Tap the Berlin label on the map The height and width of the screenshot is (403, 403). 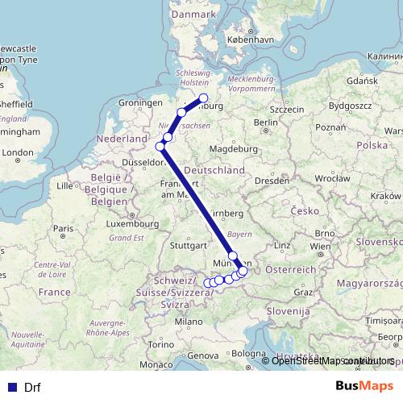pyautogui.click(x=265, y=123)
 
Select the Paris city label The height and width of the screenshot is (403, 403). pyautogui.click(x=63, y=229)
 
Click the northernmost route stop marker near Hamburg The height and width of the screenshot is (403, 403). pyautogui.click(x=204, y=98)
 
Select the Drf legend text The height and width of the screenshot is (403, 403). pyautogui.click(x=32, y=386)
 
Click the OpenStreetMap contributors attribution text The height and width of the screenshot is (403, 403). pyautogui.click(x=333, y=361)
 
